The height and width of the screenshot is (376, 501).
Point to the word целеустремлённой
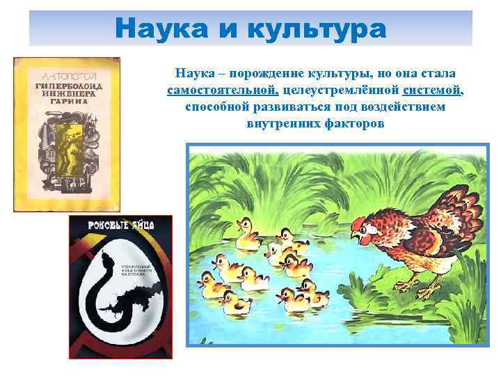pos(341,91)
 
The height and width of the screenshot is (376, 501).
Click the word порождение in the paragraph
pos(264,74)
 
